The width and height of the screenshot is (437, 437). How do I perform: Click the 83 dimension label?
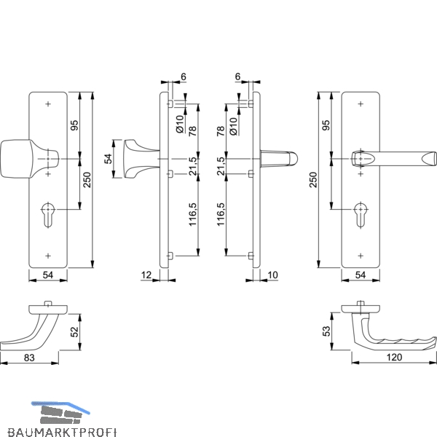pyautogui.click(x=29, y=358)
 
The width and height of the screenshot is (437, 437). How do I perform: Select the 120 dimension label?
pyautogui.click(x=394, y=357)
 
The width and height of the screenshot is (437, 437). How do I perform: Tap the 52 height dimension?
pyautogui.click(x=75, y=331)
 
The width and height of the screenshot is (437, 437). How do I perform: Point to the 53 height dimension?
pyautogui.click(x=326, y=331)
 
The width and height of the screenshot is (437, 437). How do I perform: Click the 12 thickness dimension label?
pyautogui.click(x=146, y=275)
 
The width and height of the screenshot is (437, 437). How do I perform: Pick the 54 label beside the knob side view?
pyautogui.click(x=108, y=159)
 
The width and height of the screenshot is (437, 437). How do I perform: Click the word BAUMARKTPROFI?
pyautogui.click(x=62, y=432)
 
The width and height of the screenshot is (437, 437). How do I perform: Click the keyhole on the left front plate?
pyautogui.click(x=48, y=215)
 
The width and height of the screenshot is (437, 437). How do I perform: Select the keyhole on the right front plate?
pyautogui.click(x=361, y=215)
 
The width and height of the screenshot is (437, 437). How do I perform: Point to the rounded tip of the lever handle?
pyautogui.click(x=429, y=159)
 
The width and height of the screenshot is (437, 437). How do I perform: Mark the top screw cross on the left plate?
pyautogui.click(x=48, y=104)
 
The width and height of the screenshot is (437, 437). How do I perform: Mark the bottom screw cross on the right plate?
pyautogui.click(x=361, y=256)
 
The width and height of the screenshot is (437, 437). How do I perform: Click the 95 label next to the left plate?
pyautogui.click(x=75, y=125)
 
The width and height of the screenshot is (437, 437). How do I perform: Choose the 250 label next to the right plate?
pyautogui.click(x=313, y=180)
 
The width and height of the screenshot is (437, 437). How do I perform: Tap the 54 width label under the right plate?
pyautogui.click(x=360, y=275)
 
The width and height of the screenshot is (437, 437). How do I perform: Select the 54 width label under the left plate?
pyautogui.click(x=47, y=275)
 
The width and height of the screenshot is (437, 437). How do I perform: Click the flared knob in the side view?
pyautogui.click(x=141, y=159)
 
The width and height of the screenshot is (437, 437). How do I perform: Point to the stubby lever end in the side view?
pyautogui.click(x=279, y=159)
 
